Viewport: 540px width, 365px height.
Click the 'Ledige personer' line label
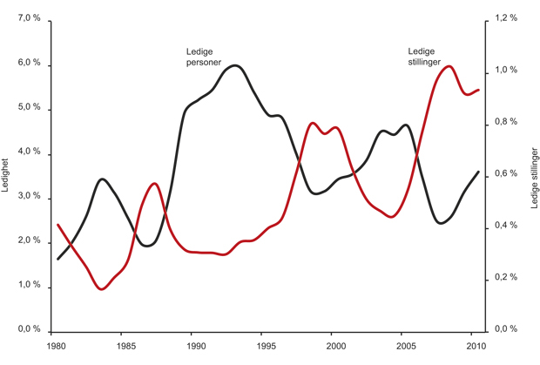point(203,57)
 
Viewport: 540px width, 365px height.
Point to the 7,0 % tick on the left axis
point(28,18)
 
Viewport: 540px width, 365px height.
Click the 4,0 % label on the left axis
point(28,152)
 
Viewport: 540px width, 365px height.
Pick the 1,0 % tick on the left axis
point(28,285)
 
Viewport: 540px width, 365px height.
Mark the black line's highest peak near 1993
point(236,65)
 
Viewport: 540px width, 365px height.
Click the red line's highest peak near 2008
point(449,66)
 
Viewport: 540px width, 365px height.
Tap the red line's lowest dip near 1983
point(102,288)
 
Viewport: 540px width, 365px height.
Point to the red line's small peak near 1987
point(154,184)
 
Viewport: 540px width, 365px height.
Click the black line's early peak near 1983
point(103,179)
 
